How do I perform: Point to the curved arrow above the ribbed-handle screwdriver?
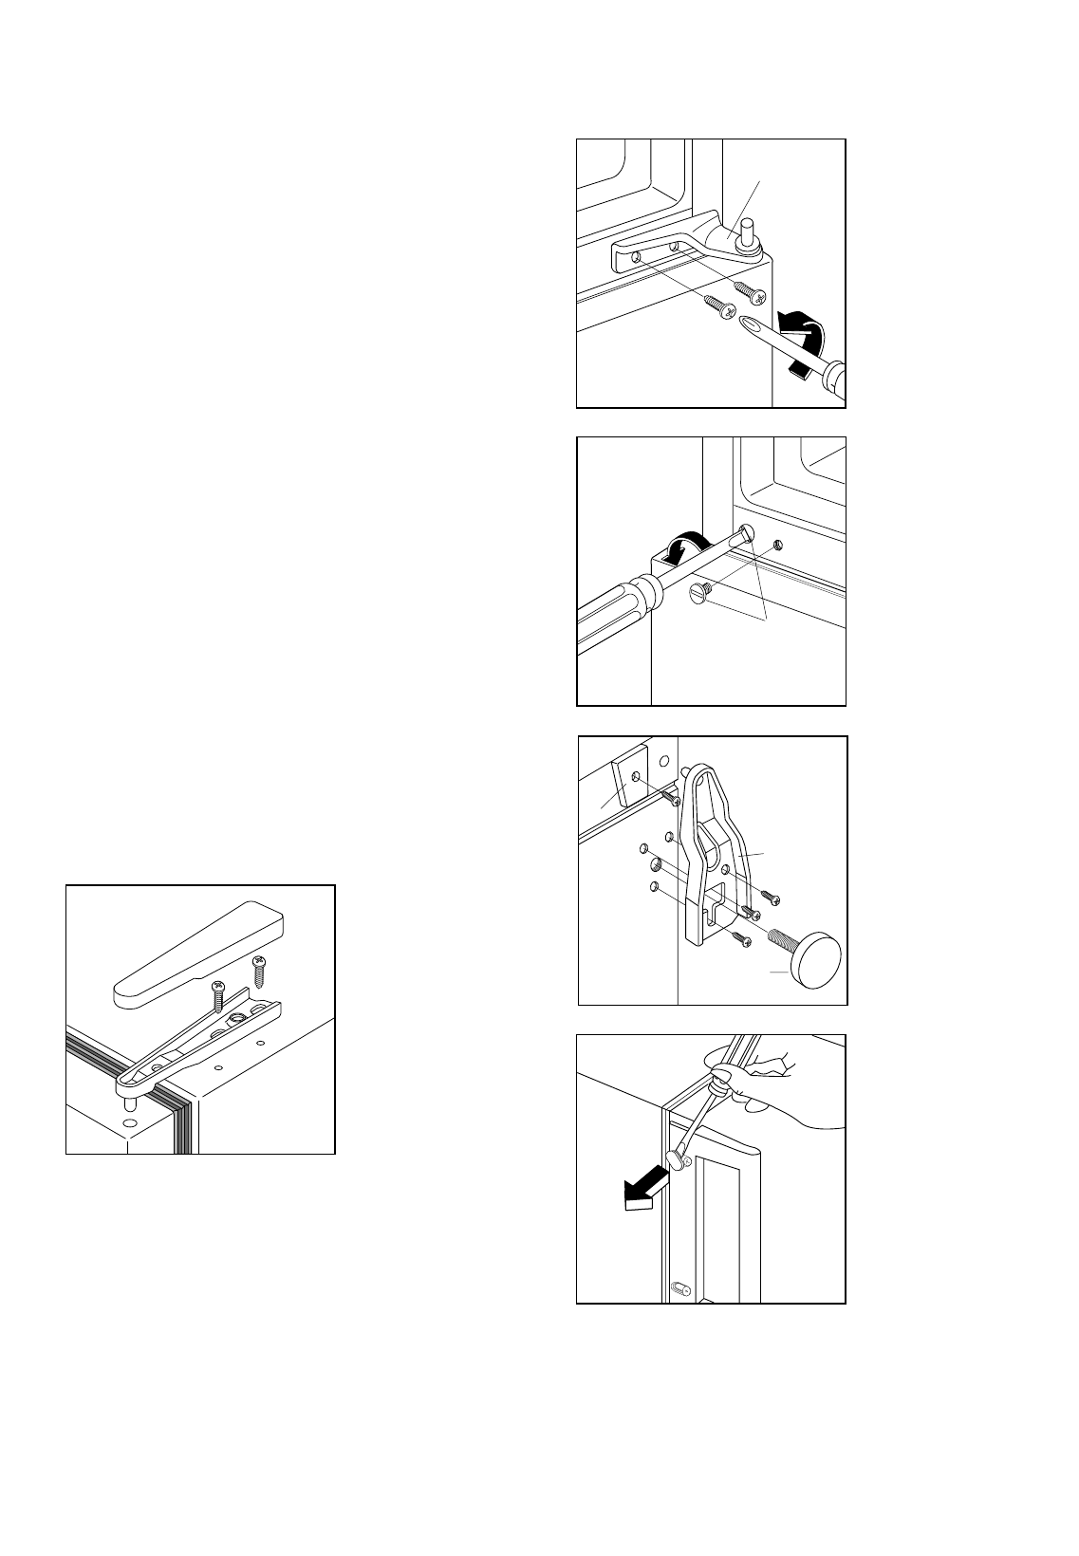[x=688, y=549]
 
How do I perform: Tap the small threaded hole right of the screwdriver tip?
[x=777, y=545]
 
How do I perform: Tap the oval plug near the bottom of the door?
[x=679, y=1288]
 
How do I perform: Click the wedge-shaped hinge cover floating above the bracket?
[x=199, y=954]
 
